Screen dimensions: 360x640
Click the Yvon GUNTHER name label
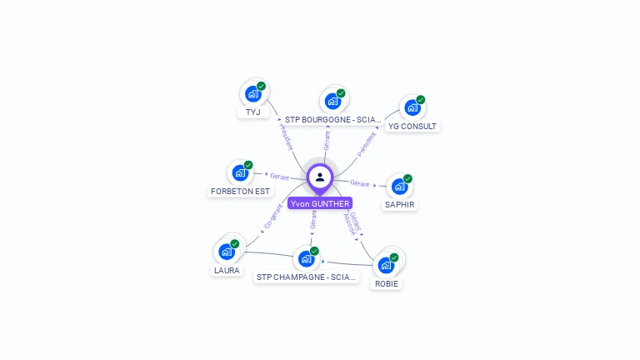(320, 203)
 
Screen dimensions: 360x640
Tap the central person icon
(320, 177)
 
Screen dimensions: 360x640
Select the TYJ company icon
(252, 94)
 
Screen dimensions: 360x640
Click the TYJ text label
(252, 112)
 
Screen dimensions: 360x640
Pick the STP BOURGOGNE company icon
(332, 102)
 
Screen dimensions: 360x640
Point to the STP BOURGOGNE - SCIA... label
(332, 119)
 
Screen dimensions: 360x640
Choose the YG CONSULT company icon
(412, 108)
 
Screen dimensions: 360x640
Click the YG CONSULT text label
(412, 126)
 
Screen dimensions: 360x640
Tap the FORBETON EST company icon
(240, 173)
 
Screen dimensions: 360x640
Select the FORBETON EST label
(241, 191)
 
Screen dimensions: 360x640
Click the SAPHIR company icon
(399, 187)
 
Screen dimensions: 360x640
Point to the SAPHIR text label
(400, 204)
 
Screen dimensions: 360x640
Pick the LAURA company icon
(226, 252)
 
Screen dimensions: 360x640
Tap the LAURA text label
(227, 270)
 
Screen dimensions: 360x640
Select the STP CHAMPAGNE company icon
(306, 259)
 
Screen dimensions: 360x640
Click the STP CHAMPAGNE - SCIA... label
(307, 277)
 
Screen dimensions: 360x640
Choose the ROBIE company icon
(386, 266)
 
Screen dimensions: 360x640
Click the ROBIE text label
(387, 283)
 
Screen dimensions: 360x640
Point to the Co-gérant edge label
(273, 217)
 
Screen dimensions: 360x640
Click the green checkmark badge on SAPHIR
(407, 179)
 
